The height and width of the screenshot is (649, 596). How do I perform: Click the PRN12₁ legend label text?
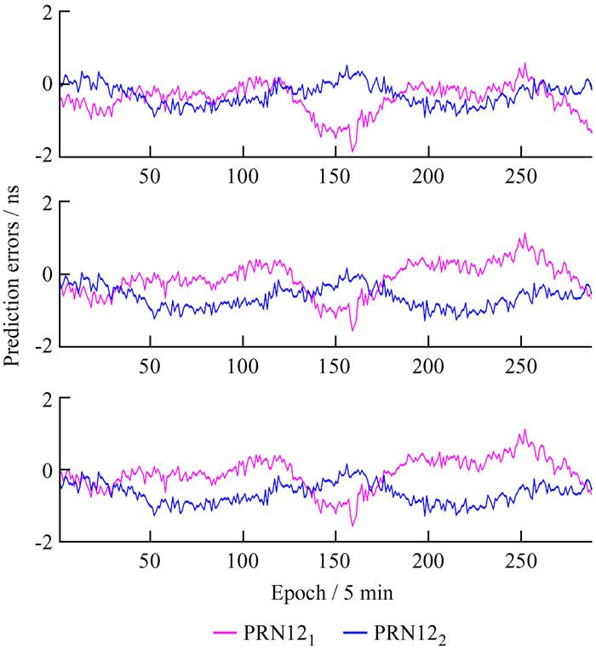pos(278,634)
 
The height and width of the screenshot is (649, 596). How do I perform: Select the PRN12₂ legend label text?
pos(410,634)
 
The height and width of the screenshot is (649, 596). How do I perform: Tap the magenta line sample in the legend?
pos(225,633)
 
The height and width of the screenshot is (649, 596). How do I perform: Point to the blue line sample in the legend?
pos(355,633)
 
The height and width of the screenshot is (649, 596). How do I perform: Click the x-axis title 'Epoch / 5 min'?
pos(332,593)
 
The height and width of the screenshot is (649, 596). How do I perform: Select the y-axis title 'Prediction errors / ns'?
pos(11,276)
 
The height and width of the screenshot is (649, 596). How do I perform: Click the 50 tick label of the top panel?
pos(150,176)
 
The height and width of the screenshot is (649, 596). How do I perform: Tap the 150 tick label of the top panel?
pos(335,176)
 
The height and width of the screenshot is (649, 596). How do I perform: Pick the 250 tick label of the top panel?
pos(520,176)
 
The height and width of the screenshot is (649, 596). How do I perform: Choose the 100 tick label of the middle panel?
pos(243,367)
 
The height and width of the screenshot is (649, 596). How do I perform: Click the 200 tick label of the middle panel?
pos(428,367)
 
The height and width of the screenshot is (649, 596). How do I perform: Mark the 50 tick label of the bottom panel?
pos(150,561)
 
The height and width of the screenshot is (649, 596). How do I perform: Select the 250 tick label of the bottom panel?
pos(520,561)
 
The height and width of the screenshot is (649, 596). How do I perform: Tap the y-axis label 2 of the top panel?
pos(48,14)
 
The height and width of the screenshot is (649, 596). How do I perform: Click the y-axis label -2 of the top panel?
pos(44,156)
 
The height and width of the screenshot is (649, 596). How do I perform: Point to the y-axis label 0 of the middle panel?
pos(48,274)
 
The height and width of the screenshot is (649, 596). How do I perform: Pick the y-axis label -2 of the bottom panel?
pos(44,541)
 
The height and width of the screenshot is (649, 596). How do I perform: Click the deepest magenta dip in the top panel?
pos(352,151)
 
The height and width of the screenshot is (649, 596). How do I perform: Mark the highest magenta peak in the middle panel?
pos(525,233)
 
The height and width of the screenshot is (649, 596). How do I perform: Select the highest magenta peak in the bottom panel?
pos(525,430)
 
